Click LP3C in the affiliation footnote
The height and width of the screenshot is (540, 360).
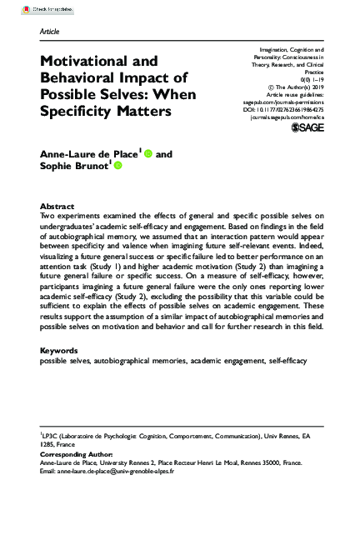[x=52, y=435]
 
